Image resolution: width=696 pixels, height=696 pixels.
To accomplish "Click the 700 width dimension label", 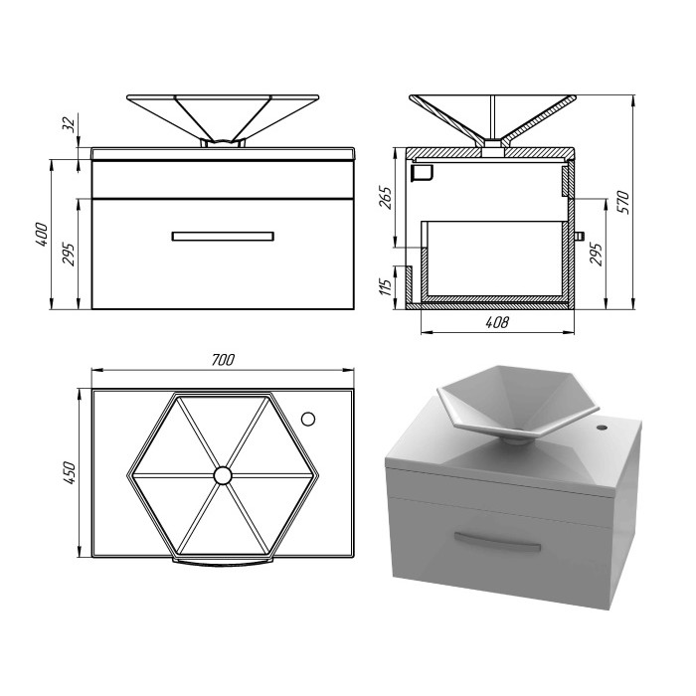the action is (x=223, y=360).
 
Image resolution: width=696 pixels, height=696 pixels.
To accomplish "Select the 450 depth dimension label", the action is (x=70, y=472).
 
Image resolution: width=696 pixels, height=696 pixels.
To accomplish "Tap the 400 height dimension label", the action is (x=42, y=235).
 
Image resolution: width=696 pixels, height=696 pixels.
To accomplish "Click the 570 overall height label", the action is (x=623, y=203).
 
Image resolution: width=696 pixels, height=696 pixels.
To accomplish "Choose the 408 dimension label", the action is (x=497, y=322).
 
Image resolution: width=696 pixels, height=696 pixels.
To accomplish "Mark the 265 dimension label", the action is (x=386, y=198).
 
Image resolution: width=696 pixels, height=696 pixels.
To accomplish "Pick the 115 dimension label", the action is (x=386, y=286).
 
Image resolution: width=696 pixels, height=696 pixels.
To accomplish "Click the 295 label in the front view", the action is (x=69, y=254).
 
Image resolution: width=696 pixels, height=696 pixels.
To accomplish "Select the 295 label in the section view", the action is (x=597, y=254).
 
